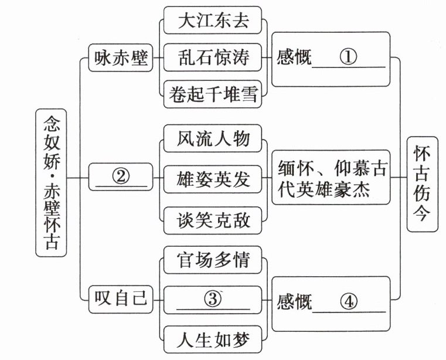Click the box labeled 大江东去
pos(213,21)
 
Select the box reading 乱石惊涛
pos(213,57)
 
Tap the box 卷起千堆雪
pos(213,94)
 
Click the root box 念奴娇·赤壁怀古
pos(51,182)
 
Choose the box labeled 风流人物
pos(213,139)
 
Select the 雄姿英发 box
pos(213,178)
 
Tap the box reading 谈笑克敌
pos(213,220)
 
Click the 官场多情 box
pos(213,260)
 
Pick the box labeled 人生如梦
pos(213,339)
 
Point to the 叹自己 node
pos(121,299)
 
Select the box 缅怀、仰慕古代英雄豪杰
pos(331,178)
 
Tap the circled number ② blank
pos(121,176)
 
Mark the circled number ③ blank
pos(213,299)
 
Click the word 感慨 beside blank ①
pos(294,58)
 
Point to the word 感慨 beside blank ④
pos(294,302)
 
